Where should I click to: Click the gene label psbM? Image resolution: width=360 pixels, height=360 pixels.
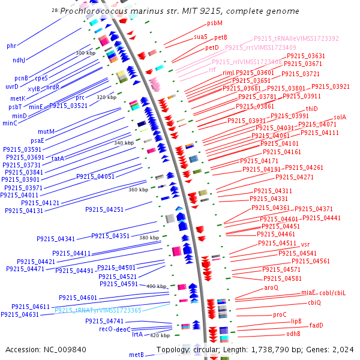pyautogui.click(x=215, y=23)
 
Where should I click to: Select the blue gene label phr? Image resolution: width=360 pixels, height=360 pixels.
pyautogui.click(x=11, y=46)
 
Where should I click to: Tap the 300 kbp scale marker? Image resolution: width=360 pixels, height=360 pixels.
pyautogui.click(x=86, y=53)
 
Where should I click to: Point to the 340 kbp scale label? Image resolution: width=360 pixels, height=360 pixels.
pyautogui.click(x=124, y=143)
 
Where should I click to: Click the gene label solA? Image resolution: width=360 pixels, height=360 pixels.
pyautogui.click(x=340, y=117)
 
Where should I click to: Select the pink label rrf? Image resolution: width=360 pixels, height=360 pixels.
pyautogui.click(x=212, y=70)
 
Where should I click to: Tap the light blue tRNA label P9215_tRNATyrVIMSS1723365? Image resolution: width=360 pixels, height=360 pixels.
pyautogui.click(x=98, y=310)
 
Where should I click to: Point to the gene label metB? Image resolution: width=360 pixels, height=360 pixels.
pyautogui.click(x=137, y=355)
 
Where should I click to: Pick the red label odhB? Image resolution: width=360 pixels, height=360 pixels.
pyautogui.click(x=293, y=334)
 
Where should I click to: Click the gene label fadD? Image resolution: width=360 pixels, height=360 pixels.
pyautogui.click(x=316, y=325)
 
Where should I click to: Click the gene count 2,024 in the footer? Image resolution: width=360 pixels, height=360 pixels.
pyautogui.click(x=343, y=350)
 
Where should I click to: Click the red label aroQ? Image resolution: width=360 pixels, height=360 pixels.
pyautogui.click(x=272, y=287)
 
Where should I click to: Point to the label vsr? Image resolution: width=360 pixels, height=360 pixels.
pyautogui.click(x=305, y=244)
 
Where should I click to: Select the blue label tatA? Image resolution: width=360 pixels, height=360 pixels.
pyautogui.click(x=58, y=158)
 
